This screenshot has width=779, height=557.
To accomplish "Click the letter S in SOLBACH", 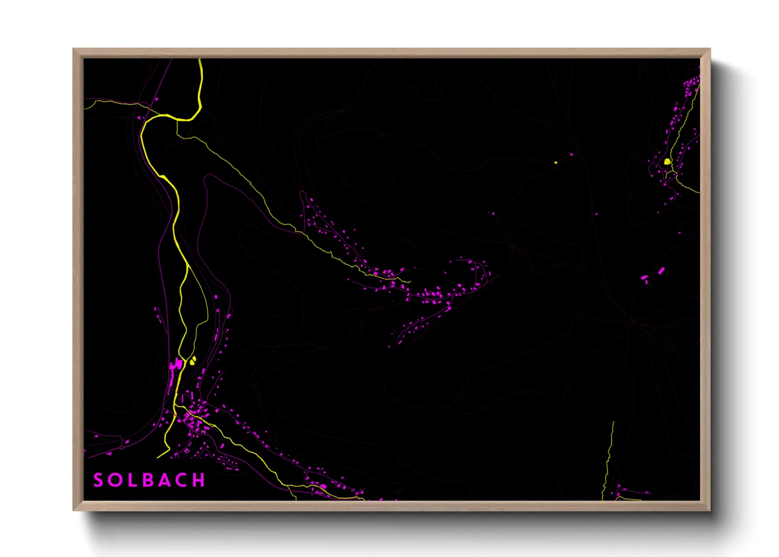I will pos(98,480).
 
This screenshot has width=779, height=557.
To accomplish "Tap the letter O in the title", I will pos(115,480).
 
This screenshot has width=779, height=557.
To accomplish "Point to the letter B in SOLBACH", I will pos(148,480).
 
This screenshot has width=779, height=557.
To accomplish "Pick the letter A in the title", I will pos(165,480).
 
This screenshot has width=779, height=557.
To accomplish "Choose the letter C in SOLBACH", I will pos(182,480).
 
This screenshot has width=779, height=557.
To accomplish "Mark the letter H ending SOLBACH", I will pos(199,480).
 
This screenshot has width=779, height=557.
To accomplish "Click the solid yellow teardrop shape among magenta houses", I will pos(667,162).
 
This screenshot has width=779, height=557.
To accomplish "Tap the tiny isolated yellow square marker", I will pos(556,162).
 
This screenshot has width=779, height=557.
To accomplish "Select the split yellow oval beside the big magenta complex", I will pos(193,361).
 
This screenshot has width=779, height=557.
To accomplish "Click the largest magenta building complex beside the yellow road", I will pos(176,364).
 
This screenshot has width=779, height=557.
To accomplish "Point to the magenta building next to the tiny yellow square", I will pos(572,154).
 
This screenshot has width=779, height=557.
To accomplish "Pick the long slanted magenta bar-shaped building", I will pos(661,271).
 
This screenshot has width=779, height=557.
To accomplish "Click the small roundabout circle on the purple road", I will pos(122,447).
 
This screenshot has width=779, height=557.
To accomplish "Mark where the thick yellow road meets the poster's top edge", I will pos(200,59).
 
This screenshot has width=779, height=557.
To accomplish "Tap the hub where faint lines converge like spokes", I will pos(634,320).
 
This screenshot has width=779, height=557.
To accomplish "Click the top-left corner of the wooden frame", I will pos(74,49).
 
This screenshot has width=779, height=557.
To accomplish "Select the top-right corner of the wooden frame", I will pos(710,49).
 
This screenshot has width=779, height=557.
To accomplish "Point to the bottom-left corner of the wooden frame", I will pos(74,510).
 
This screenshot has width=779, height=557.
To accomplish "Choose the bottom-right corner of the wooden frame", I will pos(710,510).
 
